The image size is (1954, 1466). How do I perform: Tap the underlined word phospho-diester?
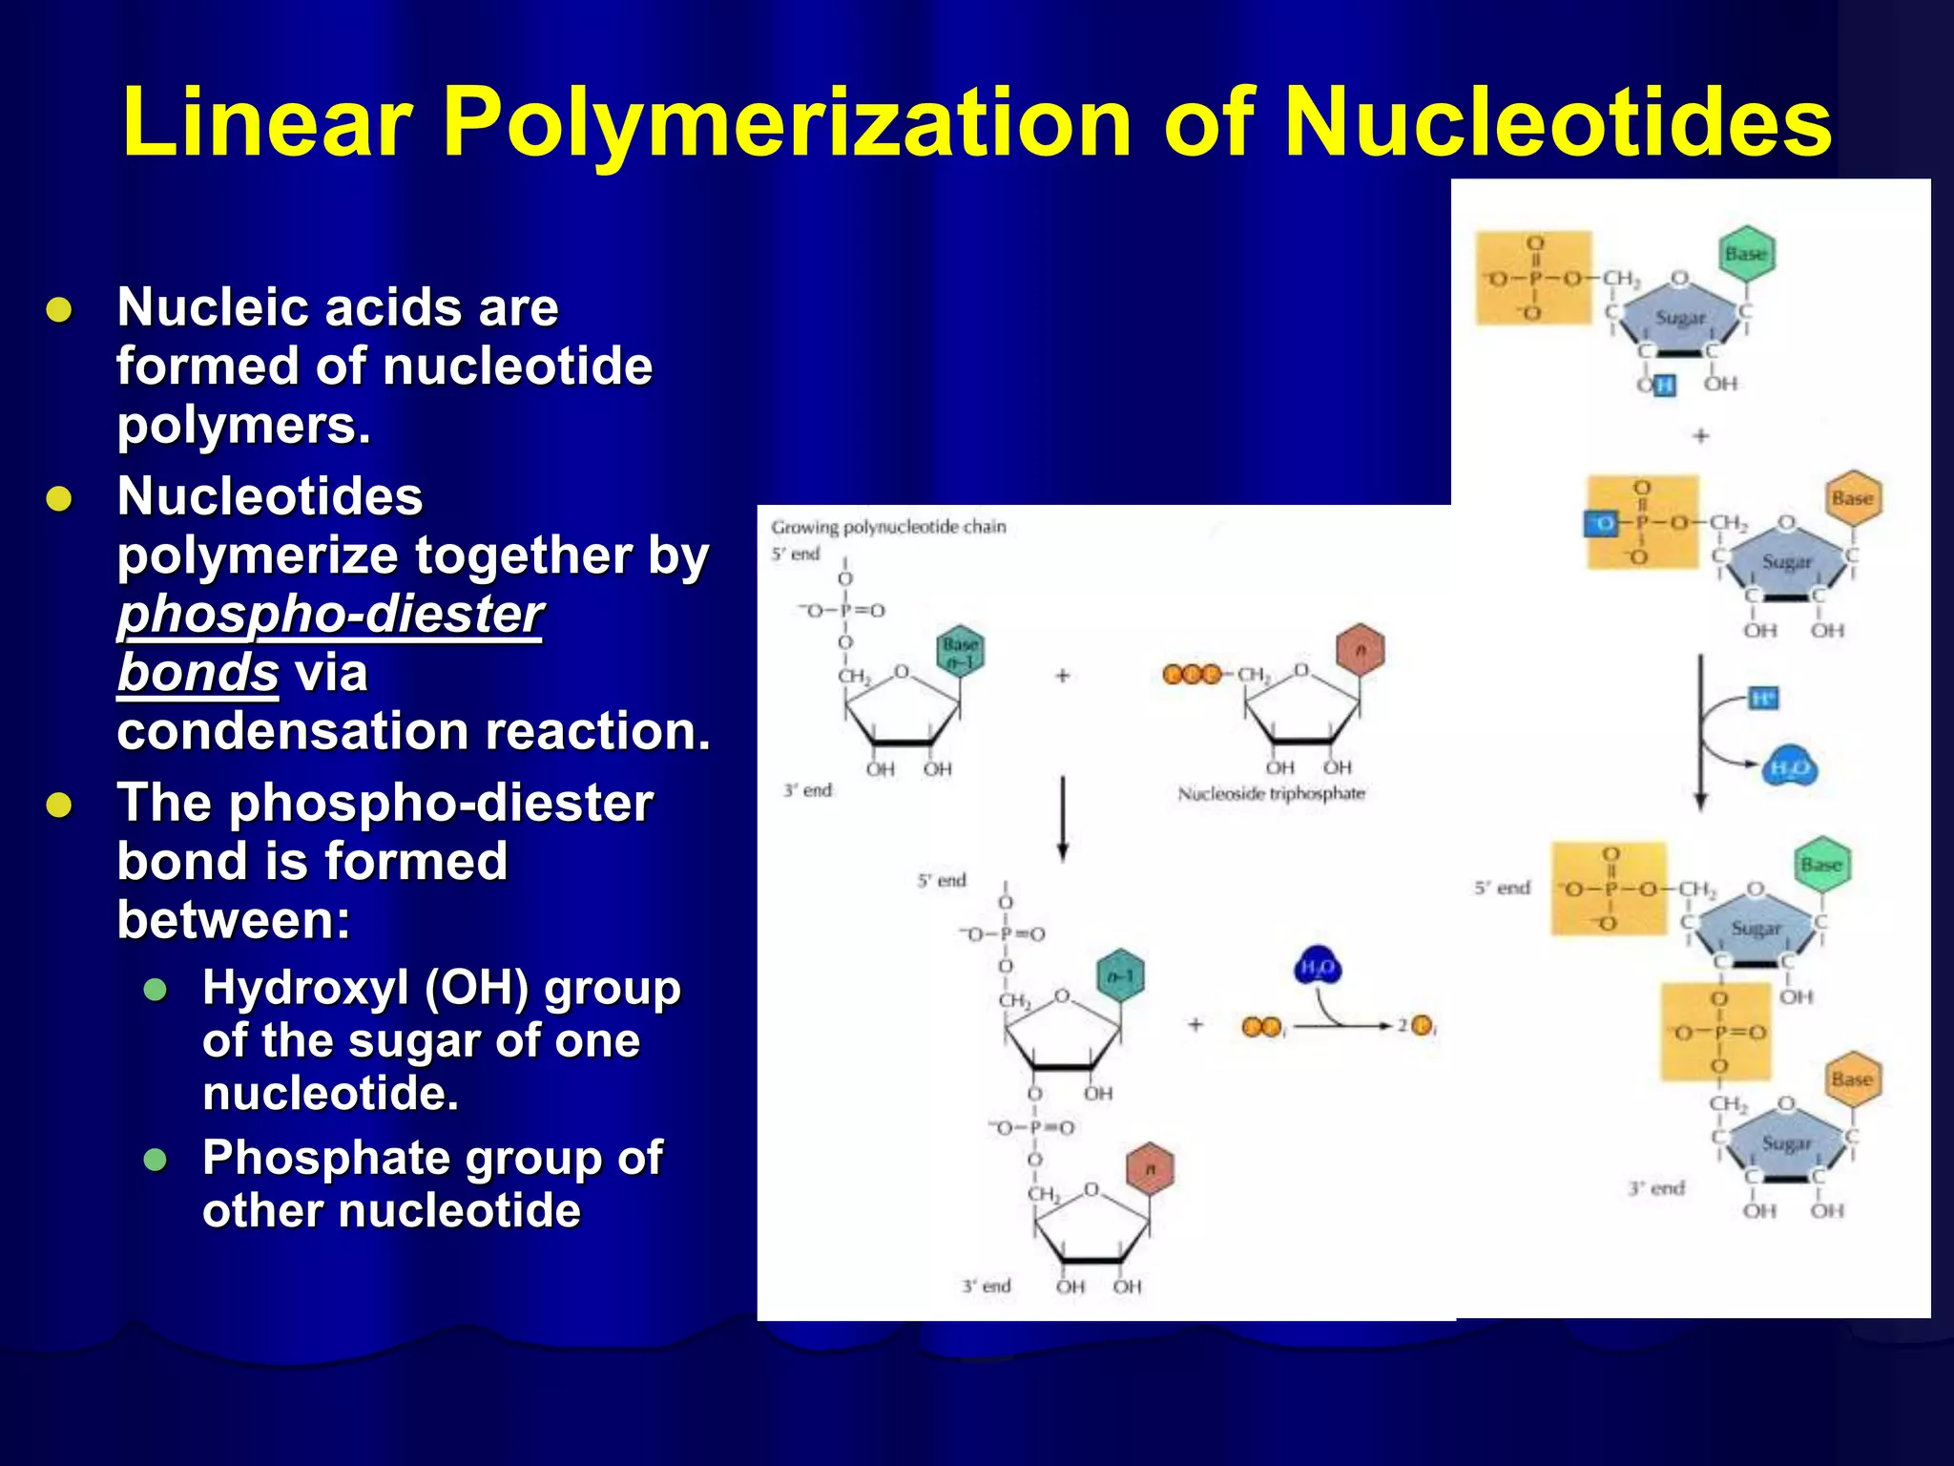click(330, 614)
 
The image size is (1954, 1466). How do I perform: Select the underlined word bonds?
click(197, 673)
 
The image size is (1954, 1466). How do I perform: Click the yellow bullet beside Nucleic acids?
click(59, 310)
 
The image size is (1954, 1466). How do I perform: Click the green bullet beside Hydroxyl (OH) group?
click(156, 990)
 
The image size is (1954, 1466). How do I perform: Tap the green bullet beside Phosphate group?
click(156, 1160)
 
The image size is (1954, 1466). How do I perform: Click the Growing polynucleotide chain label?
click(888, 527)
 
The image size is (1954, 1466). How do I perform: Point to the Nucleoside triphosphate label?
click(1271, 794)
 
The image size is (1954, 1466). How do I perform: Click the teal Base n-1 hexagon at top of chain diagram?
click(959, 652)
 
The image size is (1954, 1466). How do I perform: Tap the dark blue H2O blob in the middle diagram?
click(1318, 969)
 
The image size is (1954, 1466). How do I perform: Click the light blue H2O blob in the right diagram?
click(1789, 768)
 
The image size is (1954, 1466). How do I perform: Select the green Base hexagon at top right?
click(1746, 254)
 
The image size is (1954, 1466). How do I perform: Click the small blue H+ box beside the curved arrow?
click(1764, 700)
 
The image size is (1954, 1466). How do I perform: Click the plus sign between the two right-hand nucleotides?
click(1700, 436)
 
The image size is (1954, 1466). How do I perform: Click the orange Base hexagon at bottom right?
click(1852, 1079)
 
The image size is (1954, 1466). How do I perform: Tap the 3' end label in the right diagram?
click(1656, 1188)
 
